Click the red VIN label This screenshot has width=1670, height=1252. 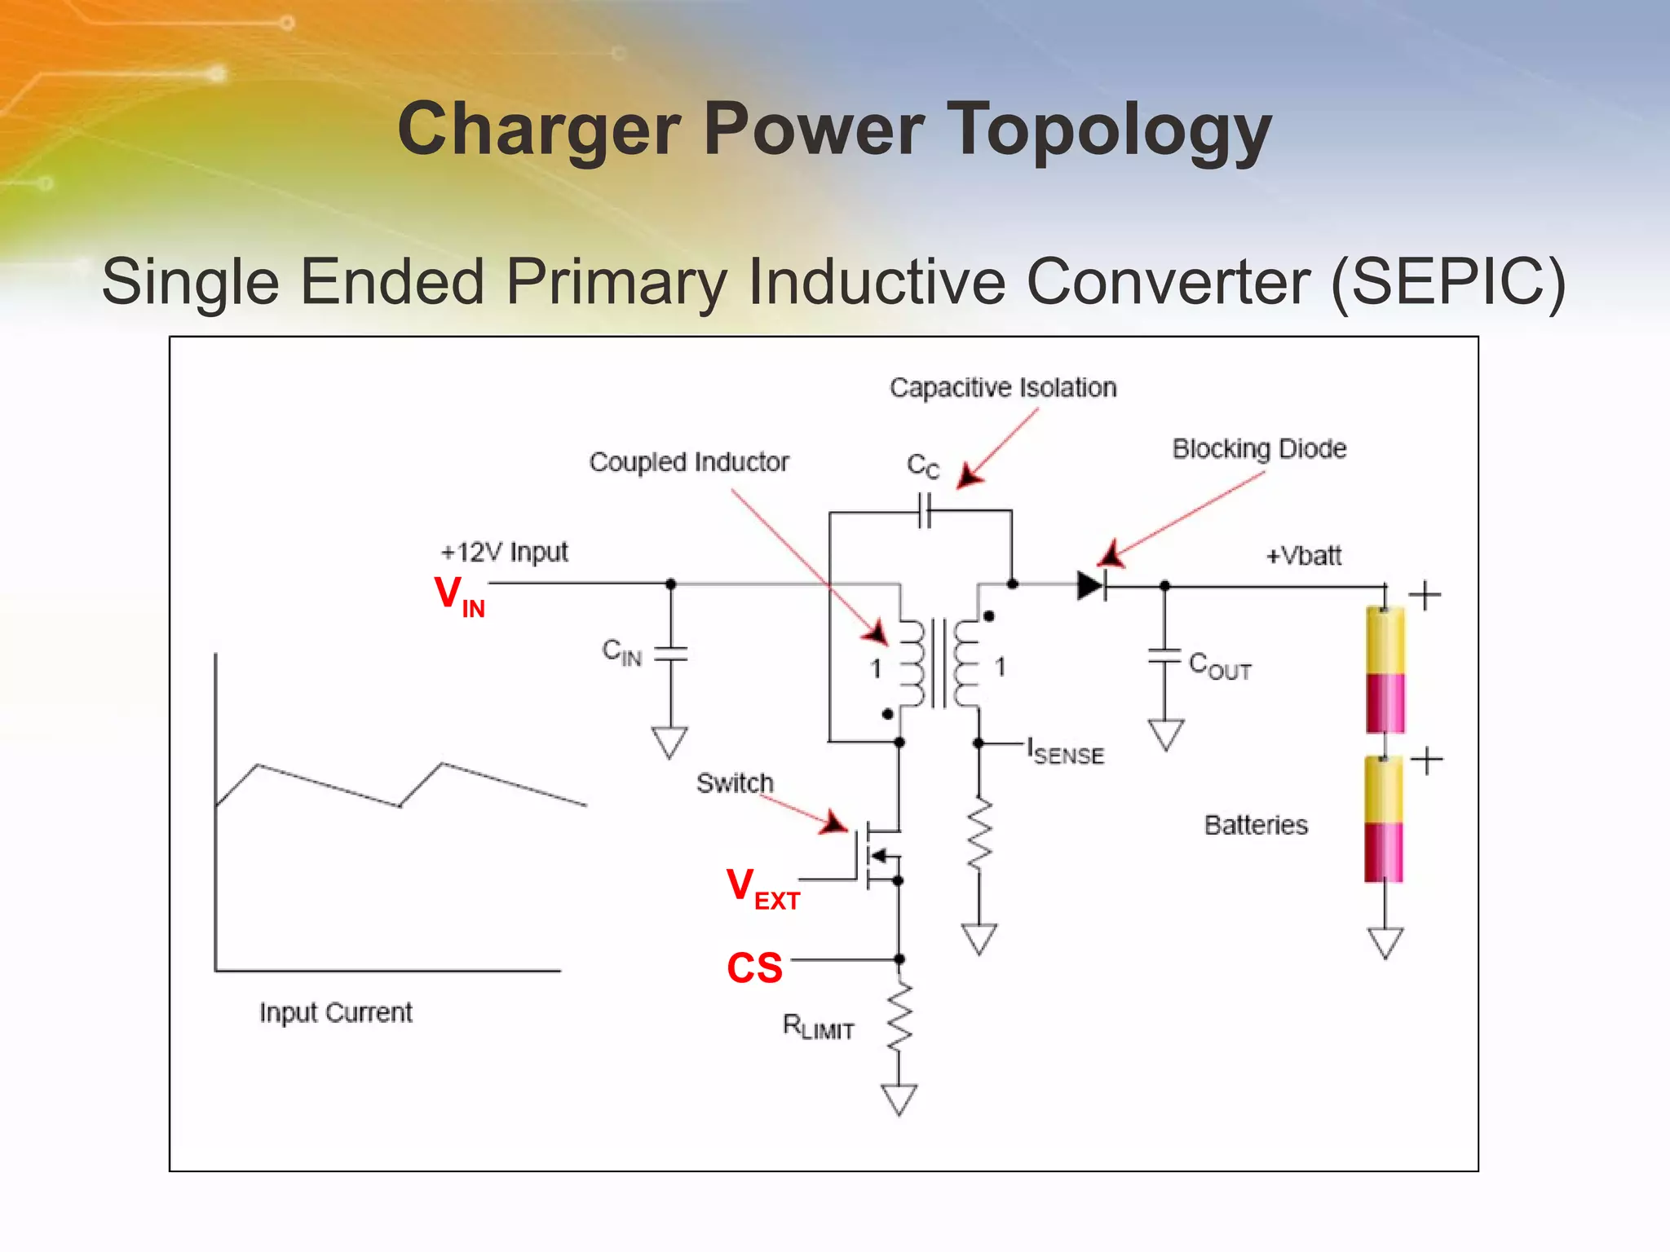[x=459, y=596]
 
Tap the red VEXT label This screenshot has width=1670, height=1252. [x=762, y=888]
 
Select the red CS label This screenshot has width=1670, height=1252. [x=754, y=968]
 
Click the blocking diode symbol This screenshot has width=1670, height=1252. [x=1091, y=585]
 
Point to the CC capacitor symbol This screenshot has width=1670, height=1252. [x=924, y=513]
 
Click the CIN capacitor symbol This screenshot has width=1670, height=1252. [x=670, y=654]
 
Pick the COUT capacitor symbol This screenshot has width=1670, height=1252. [x=1164, y=655]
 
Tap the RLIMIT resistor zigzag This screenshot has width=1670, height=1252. [x=899, y=1018]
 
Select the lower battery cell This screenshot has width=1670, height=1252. [x=1384, y=819]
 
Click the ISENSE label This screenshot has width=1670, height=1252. [x=1066, y=752]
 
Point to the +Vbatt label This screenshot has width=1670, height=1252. [x=1303, y=556]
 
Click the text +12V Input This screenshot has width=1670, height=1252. [x=504, y=553]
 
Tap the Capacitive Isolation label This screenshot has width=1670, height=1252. [x=1002, y=388]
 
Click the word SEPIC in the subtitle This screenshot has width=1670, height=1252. [x=1447, y=282]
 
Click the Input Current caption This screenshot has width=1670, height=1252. [x=335, y=1012]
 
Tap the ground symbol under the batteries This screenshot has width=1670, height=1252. [x=1385, y=942]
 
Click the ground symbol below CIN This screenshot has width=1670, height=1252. [x=669, y=743]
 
